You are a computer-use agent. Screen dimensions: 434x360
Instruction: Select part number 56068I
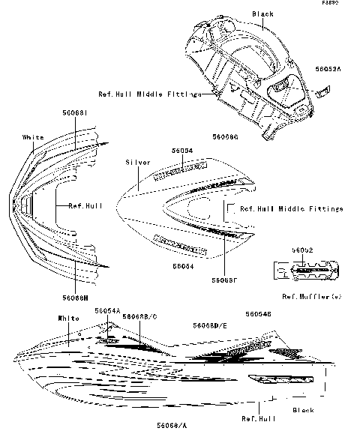pyautogui.click(x=76, y=112)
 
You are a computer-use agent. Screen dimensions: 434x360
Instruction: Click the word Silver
pyautogui.click(x=139, y=163)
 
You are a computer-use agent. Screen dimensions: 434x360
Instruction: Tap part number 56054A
pyautogui.click(x=108, y=310)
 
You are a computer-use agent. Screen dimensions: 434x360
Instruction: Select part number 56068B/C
pyautogui.click(x=139, y=317)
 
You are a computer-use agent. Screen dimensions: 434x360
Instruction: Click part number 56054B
pyautogui.click(x=256, y=315)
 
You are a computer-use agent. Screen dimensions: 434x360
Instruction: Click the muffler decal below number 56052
pyautogui.click(x=305, y=267)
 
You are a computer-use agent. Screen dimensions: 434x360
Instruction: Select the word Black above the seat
pyautogui.click(x=262, y=14)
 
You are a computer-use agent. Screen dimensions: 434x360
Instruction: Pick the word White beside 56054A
pyautogui.click(x=68, y=319)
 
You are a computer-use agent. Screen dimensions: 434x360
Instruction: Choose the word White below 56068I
pyautogui.click(x=33, y=137)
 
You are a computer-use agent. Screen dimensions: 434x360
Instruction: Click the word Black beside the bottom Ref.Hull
pyautogui.click(x=303, y=410)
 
